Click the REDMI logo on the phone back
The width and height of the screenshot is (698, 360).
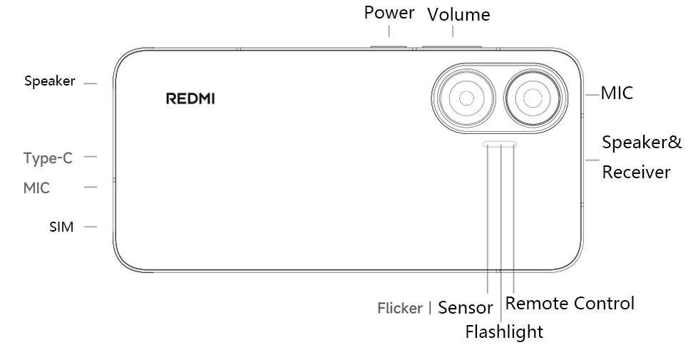point(190,98)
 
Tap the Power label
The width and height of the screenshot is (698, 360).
point(389,13)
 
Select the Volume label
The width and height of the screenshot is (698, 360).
point(458,15)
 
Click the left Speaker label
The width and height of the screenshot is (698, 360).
point(50,81)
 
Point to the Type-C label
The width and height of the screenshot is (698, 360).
point(48,158)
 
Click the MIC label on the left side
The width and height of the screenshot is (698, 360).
point(36,188)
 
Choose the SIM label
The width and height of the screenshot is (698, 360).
point(61,227)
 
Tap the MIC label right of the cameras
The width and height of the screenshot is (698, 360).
point(617,93)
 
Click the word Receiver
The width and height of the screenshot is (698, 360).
point(636,173)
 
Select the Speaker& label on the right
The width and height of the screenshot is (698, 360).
point(642,143)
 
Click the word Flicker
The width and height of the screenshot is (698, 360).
point(400,309)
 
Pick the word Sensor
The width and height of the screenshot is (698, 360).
point(465,308)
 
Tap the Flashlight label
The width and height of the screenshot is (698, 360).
point(504,332)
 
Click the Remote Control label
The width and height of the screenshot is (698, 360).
point(570,304)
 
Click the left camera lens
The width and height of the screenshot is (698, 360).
point(466,98)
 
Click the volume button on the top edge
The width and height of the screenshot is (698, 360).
point(451,48)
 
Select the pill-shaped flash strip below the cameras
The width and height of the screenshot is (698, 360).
point(500,144)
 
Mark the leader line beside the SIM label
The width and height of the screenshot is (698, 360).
point(90,227)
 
